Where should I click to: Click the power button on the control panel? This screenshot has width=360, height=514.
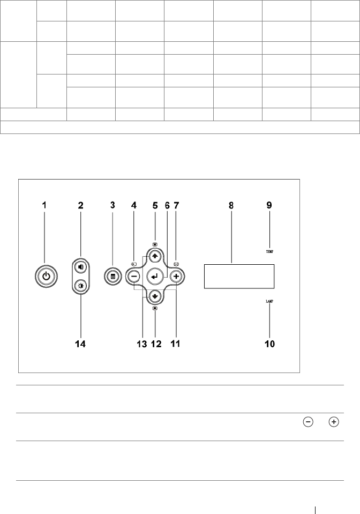[x=46, y=276]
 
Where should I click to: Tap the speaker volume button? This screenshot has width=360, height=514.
[x=80, y=267]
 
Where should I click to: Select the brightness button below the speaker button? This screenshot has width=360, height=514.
[x=80, y=286]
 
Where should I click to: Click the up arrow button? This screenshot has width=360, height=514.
[x=155, y=256]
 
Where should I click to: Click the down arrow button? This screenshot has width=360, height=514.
[x=155, y=296]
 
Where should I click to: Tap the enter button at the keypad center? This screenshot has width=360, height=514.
[x=155, y=277]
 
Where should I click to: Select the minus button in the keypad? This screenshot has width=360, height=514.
[x=134, y=277]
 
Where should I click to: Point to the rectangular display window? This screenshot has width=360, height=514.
[x=239, y=277]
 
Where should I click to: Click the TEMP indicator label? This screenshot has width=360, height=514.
[x=269, y=252]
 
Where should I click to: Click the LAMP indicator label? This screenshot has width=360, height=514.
[x=269, y=301]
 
